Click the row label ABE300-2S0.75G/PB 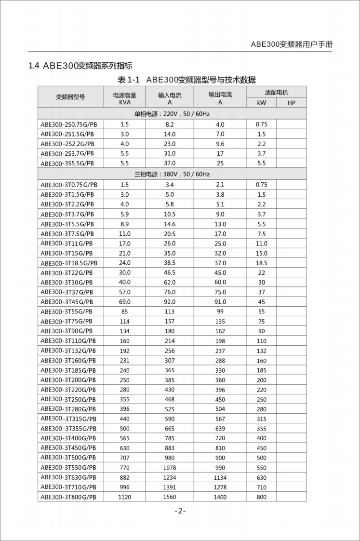pos(67,124)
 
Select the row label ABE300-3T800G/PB pos(68,497)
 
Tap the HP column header pos(291,103)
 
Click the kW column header pos(262,103)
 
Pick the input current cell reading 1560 pos(170,497)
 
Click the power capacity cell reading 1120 pos(124,497)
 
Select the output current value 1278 pos(220,487)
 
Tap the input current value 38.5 pos(170,263)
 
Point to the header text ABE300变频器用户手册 pos(292,44)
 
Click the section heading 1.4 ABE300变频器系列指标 pos(80,66)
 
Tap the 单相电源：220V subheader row pos(172,114)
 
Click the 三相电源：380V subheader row pos(172,174)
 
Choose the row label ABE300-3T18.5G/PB pos(69,263)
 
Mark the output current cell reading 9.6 pos(220,144)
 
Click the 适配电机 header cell pos(277,92)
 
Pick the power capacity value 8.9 pos(124,224)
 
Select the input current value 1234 pos(170,477)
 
